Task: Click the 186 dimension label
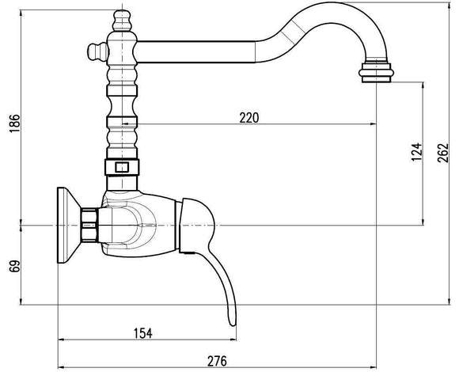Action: (15, 123)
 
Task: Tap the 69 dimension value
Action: (15, 266)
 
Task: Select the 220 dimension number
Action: (249, 118)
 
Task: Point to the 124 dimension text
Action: (417, 152)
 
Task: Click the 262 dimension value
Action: (443, 153)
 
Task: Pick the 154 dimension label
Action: (143, 333)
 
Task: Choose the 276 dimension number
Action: (217, 361)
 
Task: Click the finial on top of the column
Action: (122, 21)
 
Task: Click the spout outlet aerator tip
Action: (376, 73)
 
